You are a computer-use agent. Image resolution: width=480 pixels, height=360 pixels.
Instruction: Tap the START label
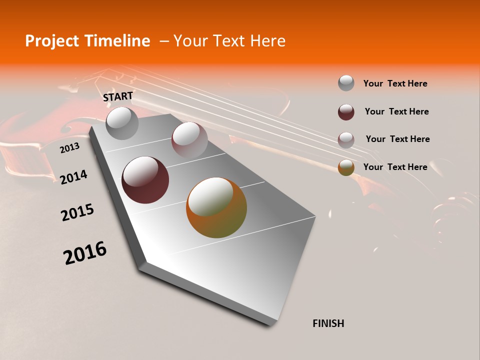(118, 96)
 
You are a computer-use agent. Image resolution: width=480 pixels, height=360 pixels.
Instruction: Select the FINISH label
(328, 323)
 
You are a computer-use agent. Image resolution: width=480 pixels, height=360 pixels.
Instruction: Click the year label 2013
(69, 148)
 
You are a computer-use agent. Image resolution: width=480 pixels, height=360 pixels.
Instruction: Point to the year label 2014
(73, 177)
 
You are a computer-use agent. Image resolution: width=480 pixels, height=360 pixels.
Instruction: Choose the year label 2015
(77, 212)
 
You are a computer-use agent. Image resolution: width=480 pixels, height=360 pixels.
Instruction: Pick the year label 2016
(85, 253)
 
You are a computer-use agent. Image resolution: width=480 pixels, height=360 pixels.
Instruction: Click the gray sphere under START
(122, 123)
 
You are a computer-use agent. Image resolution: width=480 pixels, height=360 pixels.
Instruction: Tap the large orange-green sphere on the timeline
(216, 207)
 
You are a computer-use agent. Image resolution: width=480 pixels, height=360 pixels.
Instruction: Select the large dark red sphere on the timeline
(145, 180)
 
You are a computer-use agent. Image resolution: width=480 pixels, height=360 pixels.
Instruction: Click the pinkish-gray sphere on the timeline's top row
(189, 139)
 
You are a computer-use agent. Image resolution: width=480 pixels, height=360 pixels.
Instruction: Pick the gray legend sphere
(346, 83)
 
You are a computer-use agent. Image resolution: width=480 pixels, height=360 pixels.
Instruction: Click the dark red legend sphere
(346, 112)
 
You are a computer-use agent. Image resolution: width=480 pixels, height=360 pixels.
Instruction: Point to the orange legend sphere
(346, 167)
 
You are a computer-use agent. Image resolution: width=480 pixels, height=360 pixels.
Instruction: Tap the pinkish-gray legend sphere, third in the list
(346, 139)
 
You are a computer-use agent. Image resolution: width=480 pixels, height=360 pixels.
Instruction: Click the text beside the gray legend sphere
(395, 83)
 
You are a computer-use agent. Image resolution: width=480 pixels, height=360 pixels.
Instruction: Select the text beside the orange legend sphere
(395, 167)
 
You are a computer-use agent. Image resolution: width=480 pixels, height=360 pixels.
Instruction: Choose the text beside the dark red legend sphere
(396, 111)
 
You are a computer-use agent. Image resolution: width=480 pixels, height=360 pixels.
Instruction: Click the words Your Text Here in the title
(229, 41)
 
